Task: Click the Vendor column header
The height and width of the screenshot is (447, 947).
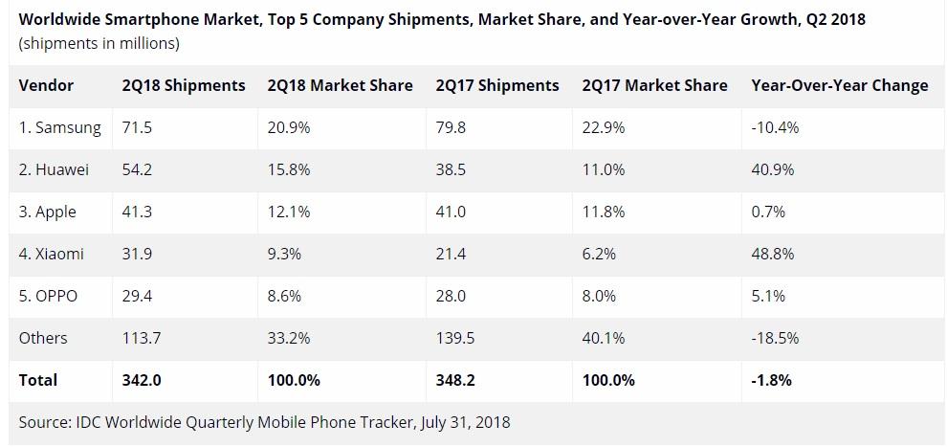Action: [x=46, y=85]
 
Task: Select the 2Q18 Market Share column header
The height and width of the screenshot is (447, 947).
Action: [x=341, y=85]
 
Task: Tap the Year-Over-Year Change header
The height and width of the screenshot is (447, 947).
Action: [x=839, y=85]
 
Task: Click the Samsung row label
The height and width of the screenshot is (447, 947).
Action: [x=59, y=127]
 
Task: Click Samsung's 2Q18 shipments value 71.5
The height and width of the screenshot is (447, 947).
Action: [x=137, y=127]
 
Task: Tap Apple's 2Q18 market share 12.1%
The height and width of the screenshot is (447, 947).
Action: [x=289, y=212]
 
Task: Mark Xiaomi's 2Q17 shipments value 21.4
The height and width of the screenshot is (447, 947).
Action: [x=451, y=254]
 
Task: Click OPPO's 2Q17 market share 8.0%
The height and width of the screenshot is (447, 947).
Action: [x=599, y=296]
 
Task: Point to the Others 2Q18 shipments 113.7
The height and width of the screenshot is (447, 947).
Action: [x=142, y=338]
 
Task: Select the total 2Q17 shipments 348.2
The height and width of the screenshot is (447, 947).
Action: [x=455, y=380]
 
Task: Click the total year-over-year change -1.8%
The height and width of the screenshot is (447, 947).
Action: [x=771, y=380]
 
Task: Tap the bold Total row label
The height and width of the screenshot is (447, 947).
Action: [x=38, y=380]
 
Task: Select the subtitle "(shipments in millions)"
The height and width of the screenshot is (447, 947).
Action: [x=99, y=43]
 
